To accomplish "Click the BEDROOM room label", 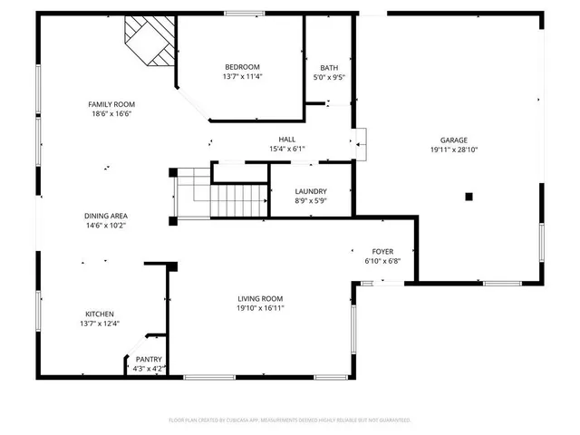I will point(242,67).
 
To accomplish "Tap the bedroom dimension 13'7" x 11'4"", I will point(242,77).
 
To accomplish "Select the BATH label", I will point(329,68).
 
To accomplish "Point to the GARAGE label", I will point(454,140).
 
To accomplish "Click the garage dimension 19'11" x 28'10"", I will point(454,150).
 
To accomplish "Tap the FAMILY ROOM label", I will point(111,104).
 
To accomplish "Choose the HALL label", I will point(287,139).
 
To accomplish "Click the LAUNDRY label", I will point(311,191).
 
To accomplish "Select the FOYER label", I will point(382,251).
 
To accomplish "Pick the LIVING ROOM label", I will point(260,299).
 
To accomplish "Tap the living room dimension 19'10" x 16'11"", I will point(260,309).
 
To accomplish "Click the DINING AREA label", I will point(105,216).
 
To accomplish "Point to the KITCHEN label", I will point(100,314).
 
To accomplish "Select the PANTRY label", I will point(149,359).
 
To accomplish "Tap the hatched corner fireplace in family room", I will point(150,41).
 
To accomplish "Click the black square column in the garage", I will point(469,196).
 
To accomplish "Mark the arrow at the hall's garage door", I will point(360,140).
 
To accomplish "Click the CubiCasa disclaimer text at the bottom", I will point(290,420).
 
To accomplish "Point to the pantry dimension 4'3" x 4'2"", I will point(149,368).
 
